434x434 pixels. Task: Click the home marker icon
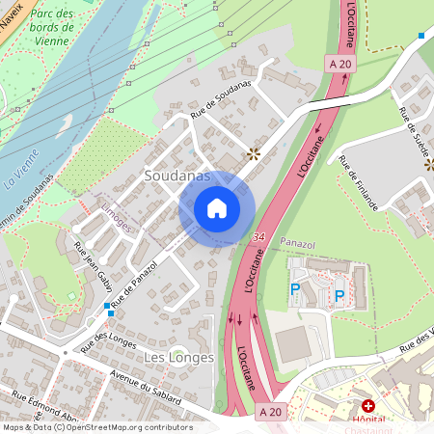tap(217, 208)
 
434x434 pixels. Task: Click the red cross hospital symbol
tap(367, 406)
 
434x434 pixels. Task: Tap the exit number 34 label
tap(259, 235)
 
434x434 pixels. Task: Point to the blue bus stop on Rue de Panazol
tap(107, 306)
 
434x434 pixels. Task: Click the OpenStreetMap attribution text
tap(97, 427)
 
